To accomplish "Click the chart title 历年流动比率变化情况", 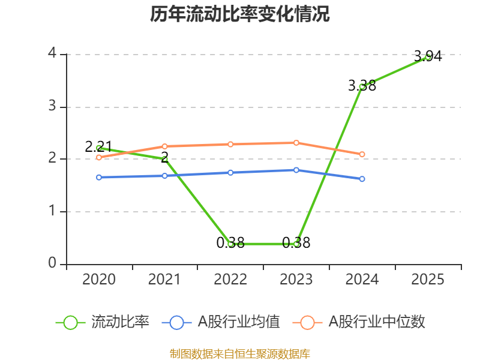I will pos(240,14).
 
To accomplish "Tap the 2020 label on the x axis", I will pos(99,280).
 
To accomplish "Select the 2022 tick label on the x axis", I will pos(230,280).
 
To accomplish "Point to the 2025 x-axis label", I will pos(428,280).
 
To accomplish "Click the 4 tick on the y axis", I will pos(52,53).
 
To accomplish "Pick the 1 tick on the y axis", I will pos(52,211).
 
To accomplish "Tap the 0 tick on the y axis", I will pos(52,263).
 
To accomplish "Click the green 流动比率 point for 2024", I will pos(362,86).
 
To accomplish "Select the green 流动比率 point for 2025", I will pos(428,56).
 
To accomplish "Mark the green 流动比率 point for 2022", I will pos(230,244).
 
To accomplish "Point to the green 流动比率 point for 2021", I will pos(164,158).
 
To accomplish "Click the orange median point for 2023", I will pos(296,143).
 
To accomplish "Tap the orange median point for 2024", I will pos(362,154).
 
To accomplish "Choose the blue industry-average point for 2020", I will pos(99,177).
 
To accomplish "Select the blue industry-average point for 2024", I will pos(362,179).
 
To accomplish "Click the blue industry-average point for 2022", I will pos(230,172).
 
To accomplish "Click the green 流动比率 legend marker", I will pos(70,322).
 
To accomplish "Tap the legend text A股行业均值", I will pos(239,322).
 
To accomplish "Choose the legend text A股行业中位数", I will pos(377,322).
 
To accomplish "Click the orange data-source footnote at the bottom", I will pos(240,354).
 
